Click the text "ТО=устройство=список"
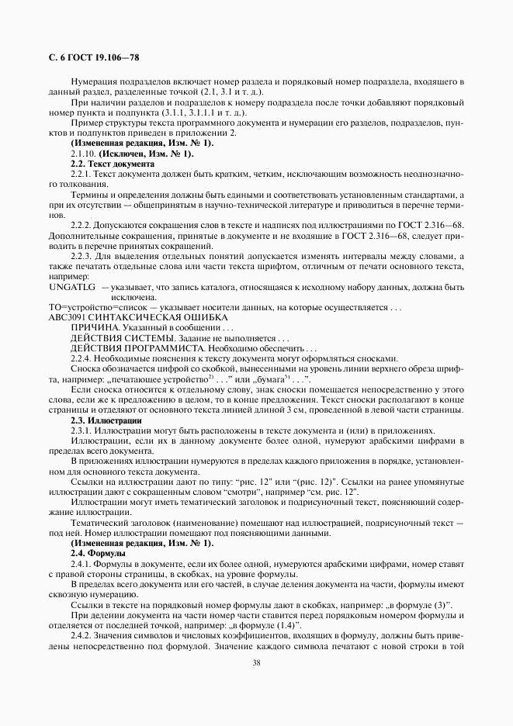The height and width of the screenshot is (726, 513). pos(95,308)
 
